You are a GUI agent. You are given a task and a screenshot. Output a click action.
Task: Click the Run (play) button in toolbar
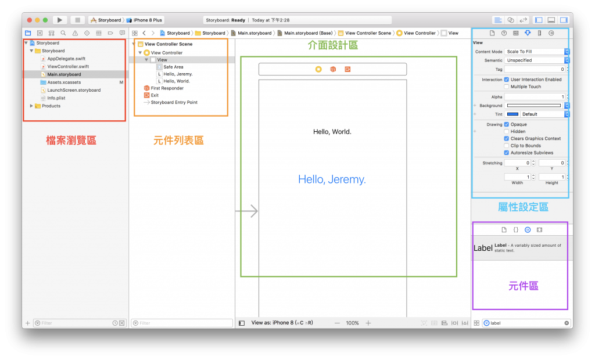(60, 20)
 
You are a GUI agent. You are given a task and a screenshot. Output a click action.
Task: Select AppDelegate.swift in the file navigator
(66, 59)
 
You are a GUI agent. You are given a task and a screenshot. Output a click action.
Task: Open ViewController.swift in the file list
(68, 67)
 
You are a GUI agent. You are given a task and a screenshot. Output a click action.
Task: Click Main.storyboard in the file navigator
(64, 74)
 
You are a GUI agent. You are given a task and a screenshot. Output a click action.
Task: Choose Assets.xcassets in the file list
(64, 82)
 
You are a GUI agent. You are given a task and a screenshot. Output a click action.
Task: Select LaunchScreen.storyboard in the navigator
(74, 90)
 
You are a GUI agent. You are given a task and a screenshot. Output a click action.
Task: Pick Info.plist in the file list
(56, 98)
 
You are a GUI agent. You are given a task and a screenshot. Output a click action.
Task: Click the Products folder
(51, 106)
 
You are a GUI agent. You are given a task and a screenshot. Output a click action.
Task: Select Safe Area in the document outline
(173, 67)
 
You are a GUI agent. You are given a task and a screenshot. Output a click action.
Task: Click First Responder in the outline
(167, 88)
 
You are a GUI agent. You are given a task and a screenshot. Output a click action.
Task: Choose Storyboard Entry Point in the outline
(174, 102)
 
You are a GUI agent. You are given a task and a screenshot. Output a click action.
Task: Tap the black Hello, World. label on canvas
(332, 132)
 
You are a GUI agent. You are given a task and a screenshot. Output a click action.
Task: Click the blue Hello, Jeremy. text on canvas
(332, 179)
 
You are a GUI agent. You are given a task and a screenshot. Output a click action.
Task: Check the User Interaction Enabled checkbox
(507, 80)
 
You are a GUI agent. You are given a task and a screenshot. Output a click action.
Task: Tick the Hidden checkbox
(507, 132)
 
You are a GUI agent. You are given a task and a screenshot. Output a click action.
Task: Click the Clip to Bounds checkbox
(507, 146)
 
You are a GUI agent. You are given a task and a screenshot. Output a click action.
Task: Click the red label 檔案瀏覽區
(71, 141)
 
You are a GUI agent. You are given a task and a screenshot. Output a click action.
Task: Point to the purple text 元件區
(523, 286)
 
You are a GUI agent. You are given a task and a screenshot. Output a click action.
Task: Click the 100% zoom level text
(352, 323)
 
